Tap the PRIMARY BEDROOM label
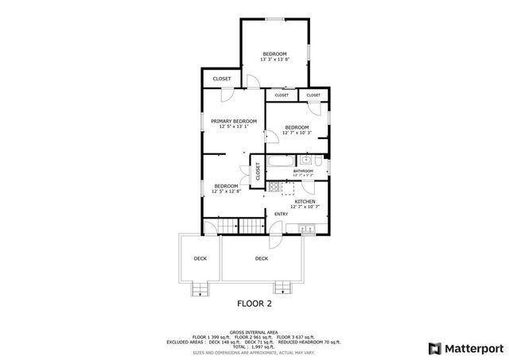234,121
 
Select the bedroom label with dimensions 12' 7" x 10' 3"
297,127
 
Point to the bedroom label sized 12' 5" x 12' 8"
226,186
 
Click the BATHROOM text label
303,171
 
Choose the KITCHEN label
305,202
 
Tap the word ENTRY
282,215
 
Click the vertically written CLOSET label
257,170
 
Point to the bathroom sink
305,161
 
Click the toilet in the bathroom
318,161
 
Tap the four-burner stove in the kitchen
274,188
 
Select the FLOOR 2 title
255,304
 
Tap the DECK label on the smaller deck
200,258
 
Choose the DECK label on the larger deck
262,258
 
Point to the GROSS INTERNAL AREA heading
254,332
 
